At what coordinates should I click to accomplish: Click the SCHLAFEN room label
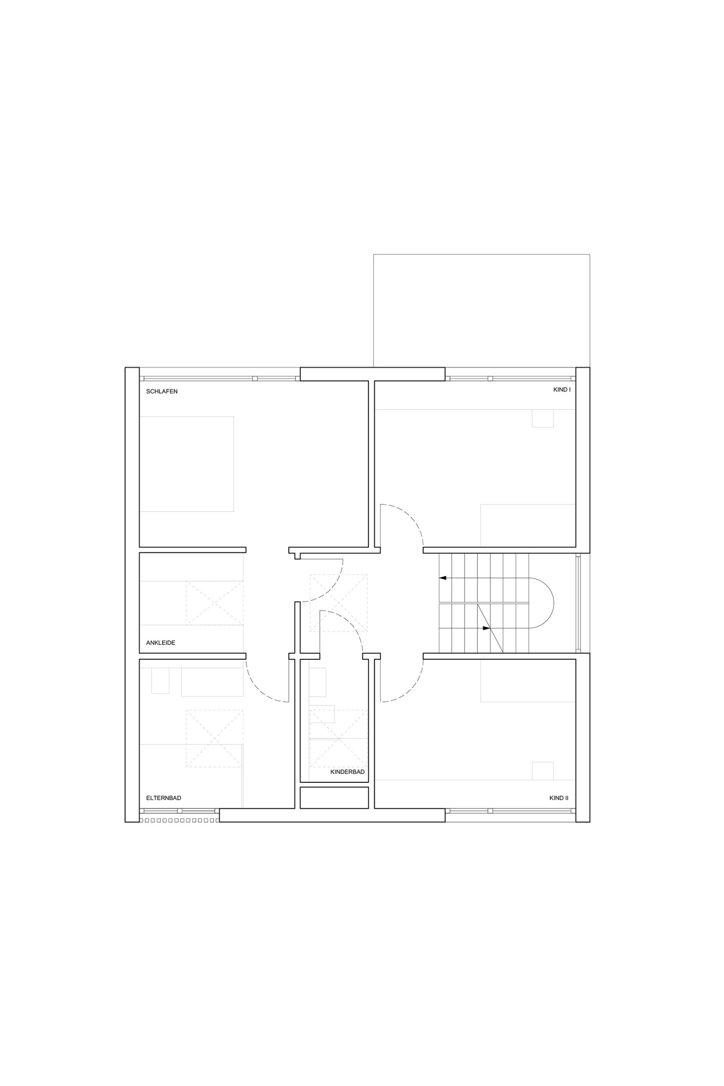[162, 391]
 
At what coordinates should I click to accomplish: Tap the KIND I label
[562, 390]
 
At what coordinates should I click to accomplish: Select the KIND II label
[559, 798]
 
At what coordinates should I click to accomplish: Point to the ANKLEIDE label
[160, 643]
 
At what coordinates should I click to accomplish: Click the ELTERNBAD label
[163, 798]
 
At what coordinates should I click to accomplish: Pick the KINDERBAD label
[347, 772]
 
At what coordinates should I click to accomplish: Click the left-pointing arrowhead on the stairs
[443, 578]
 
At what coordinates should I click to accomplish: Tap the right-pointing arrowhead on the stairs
[486, 628]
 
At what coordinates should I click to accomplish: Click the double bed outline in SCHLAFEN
[186, 464]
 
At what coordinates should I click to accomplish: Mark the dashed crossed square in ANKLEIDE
[214, 603]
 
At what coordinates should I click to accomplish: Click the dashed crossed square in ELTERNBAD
[214, 738]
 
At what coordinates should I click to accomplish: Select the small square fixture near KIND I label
[543, 418]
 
